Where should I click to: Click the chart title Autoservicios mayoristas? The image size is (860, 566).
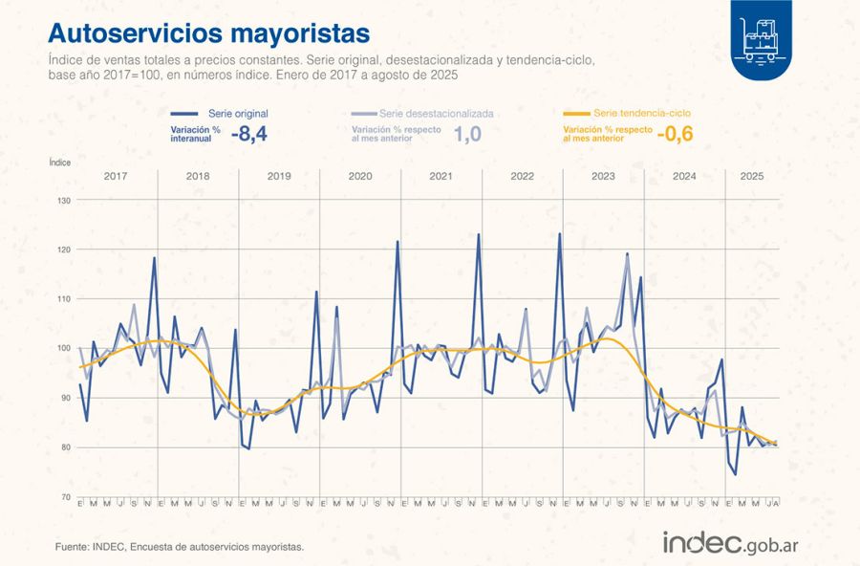pyautogui.click(x=208, y=33)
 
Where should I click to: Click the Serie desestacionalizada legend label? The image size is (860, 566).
pyautogui.click(x=436, y=113)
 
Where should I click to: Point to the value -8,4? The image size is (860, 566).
pyautogui.click(x=248, y=135)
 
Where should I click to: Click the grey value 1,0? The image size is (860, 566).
pyautogui.click(x=467, y=135)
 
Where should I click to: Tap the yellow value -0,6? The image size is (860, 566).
pyautogui.click(x=675, y=135)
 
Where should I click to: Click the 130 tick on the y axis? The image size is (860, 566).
pyautogui.click(x=64, y=200)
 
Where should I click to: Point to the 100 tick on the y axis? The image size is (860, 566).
pyautogui.click(x=64, y=348)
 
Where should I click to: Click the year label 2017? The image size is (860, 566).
pyautogui.click(x=116, y=177)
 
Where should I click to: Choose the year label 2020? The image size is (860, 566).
pyautogui.click(x=360, y=177)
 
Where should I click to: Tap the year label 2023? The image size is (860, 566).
pyautogui.click(x=603, y=177)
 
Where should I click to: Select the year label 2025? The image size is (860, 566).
pyautogui.click(x=752, y=177)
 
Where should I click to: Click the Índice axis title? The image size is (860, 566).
pyautogui.click(x=59, y=163)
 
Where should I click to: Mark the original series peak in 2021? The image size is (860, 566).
pyautogui.click(x=478, y=233)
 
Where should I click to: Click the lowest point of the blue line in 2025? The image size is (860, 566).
pyautogui.click(x=735, y=474)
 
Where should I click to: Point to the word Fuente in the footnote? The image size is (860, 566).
pyautogui.click(x=73, y=547)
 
